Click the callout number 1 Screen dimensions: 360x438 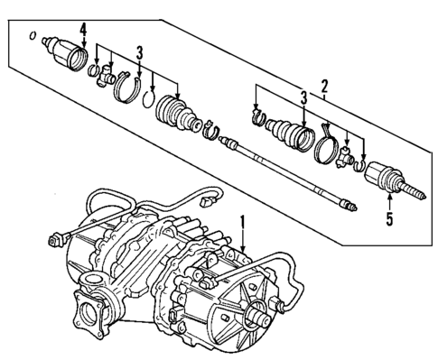[241, 219]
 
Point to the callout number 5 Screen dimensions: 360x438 [389, 218]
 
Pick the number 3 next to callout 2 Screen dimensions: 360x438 [303, 97]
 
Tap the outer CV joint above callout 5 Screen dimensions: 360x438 [388, 178]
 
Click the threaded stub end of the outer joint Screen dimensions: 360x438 [418, 193]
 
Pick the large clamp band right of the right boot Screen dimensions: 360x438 [323, 150]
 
